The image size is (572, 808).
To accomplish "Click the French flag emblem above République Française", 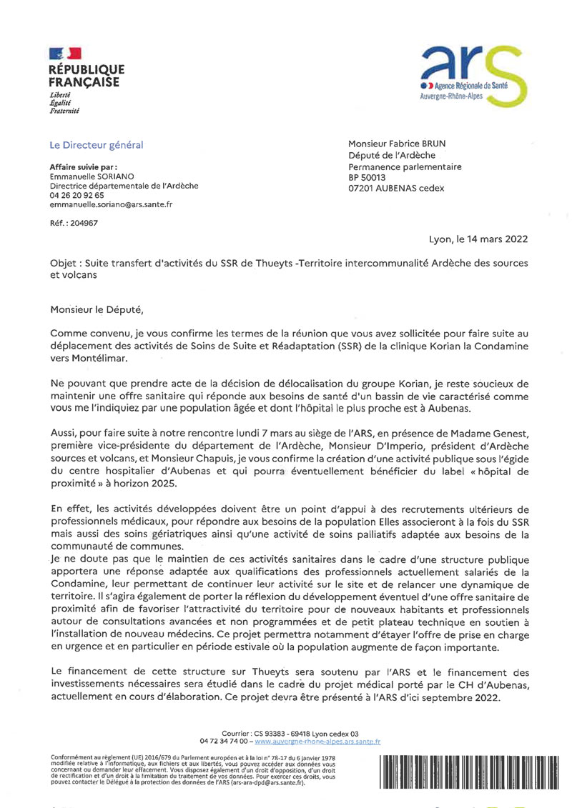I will [65, 53].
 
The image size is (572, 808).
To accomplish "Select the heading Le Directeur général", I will [97, 145].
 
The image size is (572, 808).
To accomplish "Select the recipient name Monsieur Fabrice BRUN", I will [397, 144].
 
